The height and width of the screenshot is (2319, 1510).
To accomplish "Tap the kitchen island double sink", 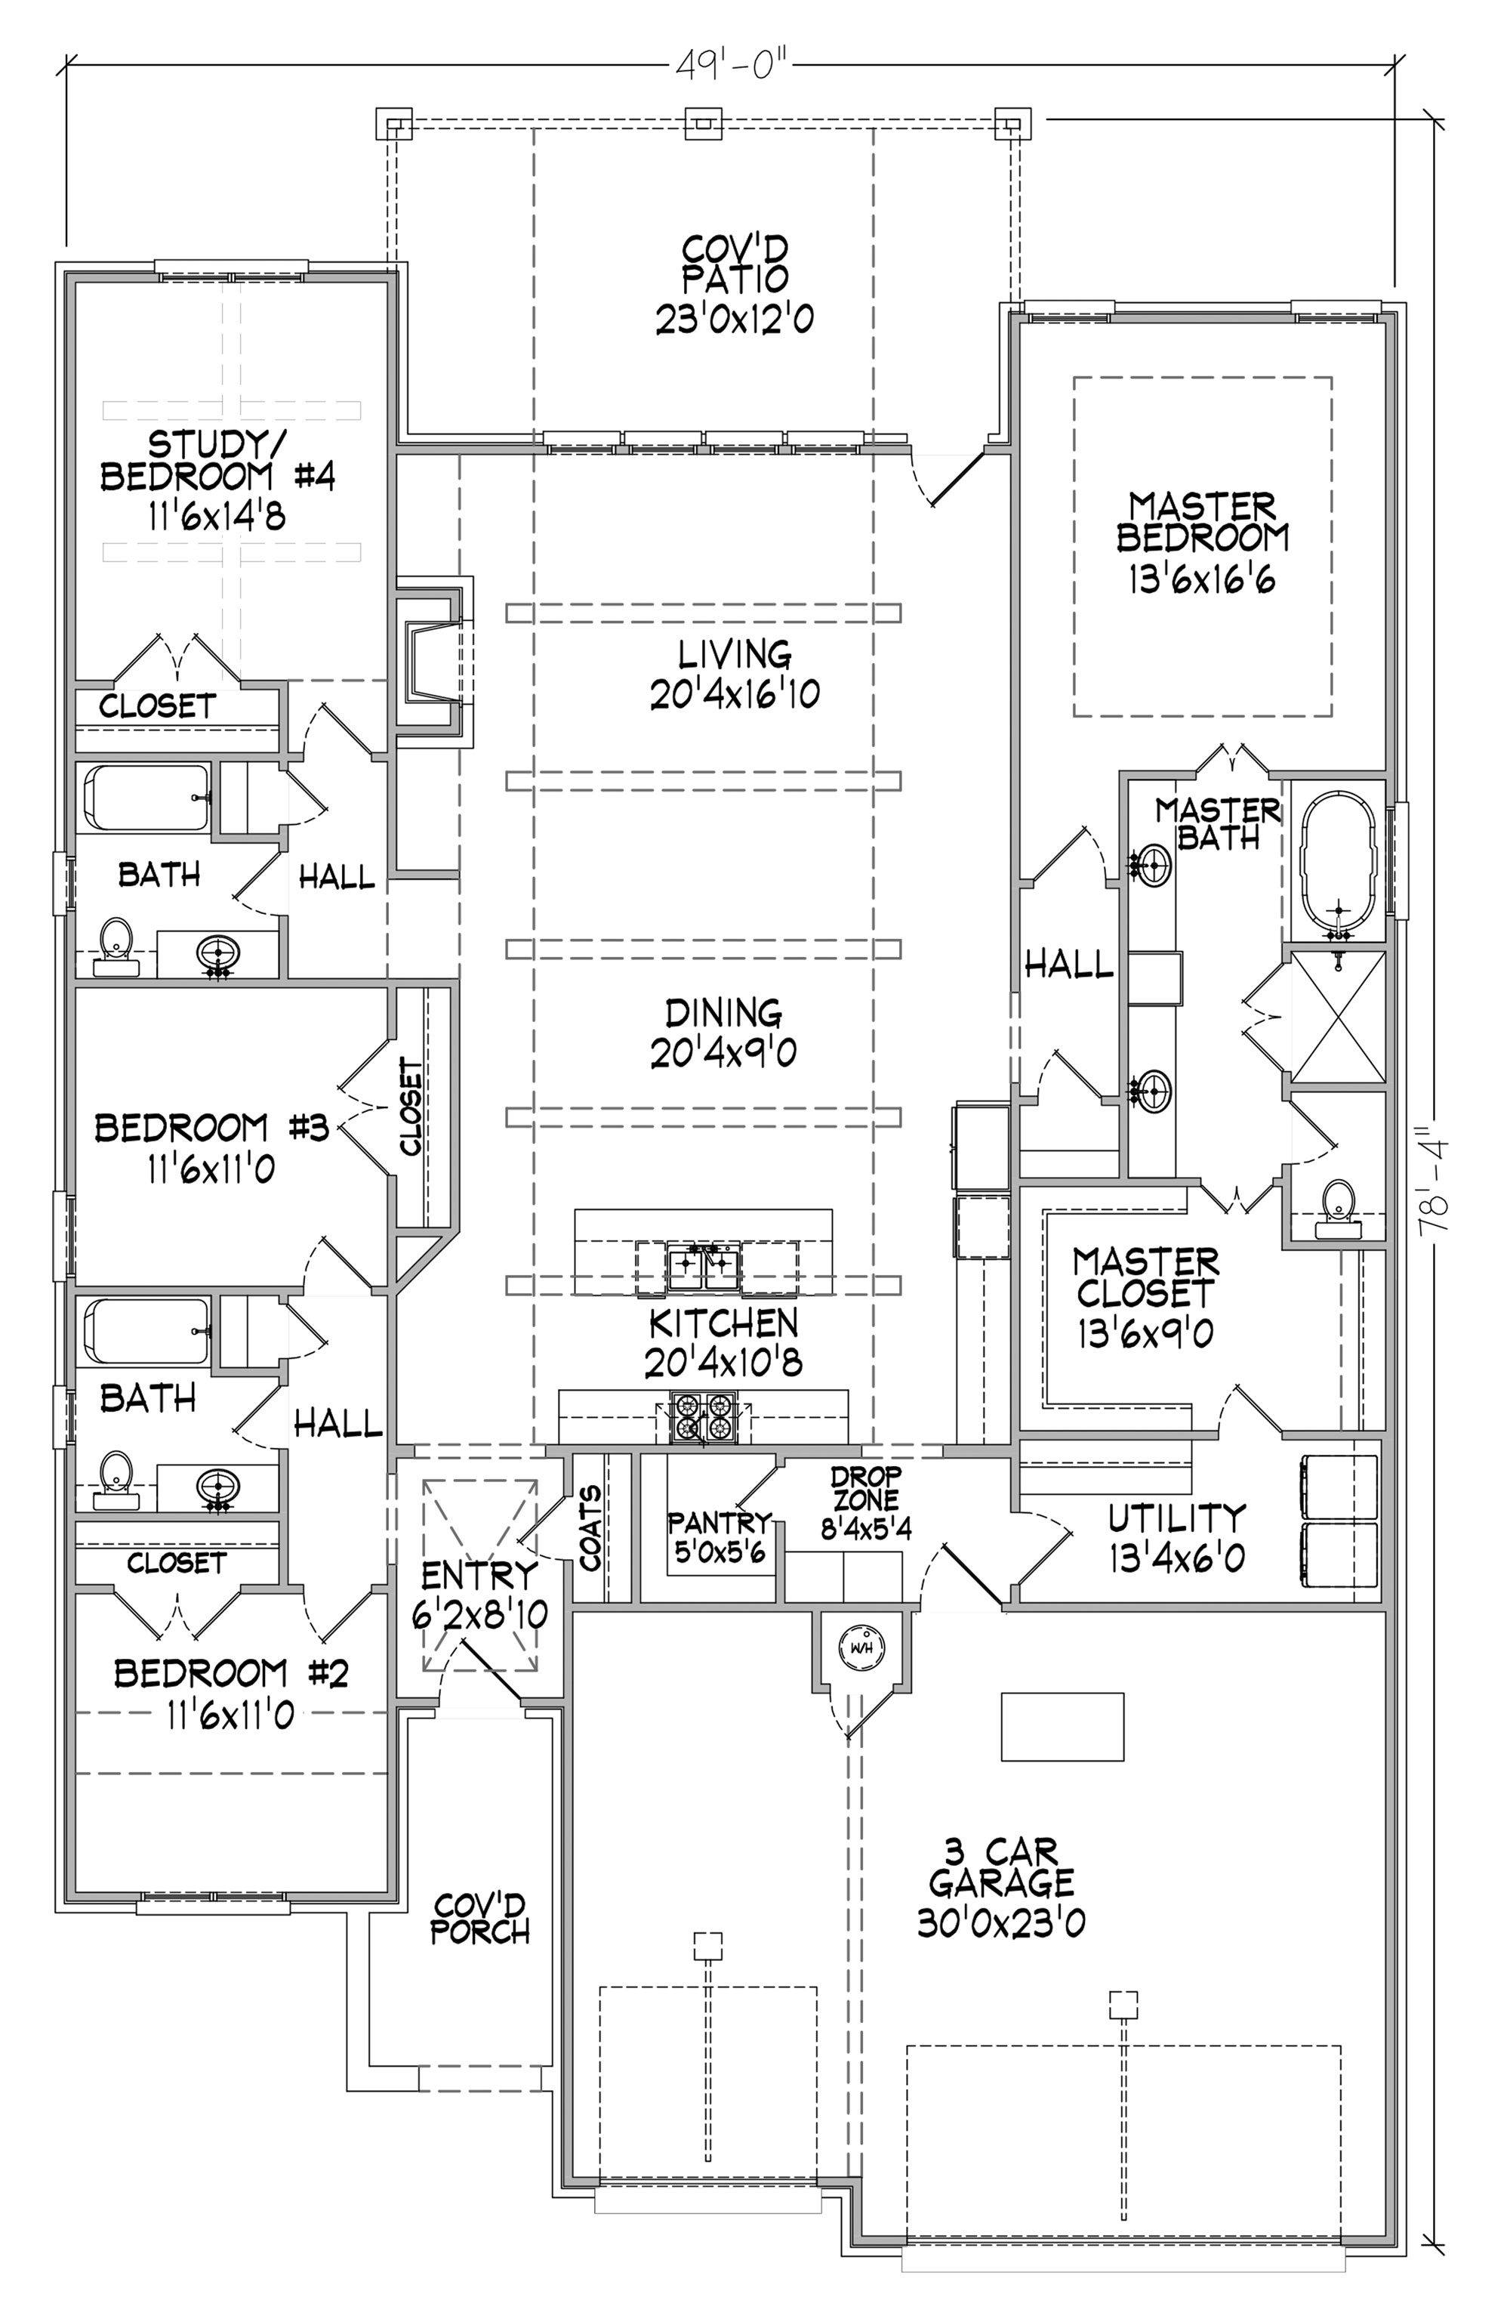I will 704,1266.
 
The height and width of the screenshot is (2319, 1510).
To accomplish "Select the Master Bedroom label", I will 1202,522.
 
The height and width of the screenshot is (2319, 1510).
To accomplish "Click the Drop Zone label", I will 866,1488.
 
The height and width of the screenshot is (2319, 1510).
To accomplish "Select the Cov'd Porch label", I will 480,1919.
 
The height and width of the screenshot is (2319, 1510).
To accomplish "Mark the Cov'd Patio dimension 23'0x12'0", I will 734,319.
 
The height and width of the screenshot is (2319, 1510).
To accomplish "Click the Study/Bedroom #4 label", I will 217,461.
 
